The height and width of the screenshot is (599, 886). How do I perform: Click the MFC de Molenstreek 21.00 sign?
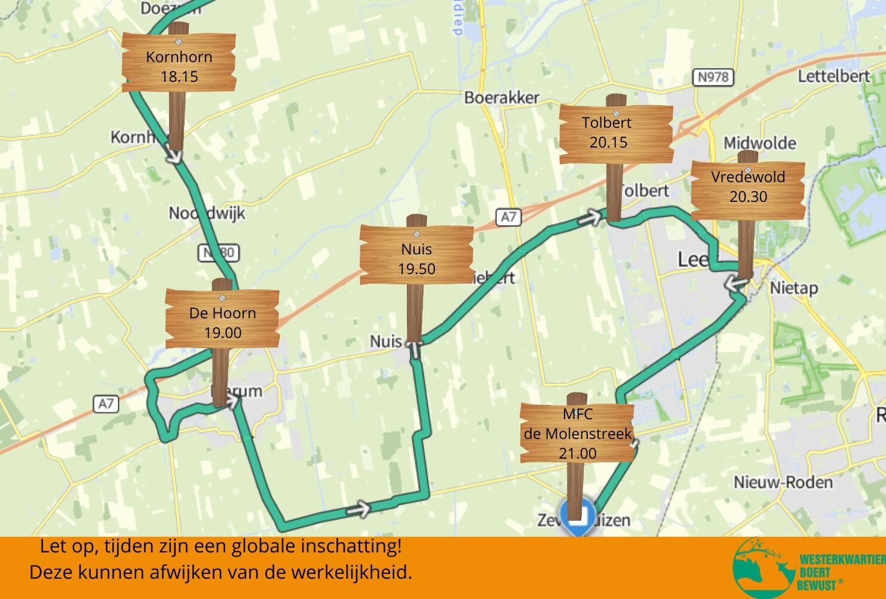(x=577, y=434)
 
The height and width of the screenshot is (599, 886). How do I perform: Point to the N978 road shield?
(x=713, y=77)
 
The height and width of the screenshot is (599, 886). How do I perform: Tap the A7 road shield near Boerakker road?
(x=508, y=217)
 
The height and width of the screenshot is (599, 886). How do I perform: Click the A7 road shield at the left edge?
(x=106, y=404)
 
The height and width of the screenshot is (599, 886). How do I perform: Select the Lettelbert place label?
(x=833, y=76)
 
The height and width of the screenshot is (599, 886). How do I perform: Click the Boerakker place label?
(x=501, y=97)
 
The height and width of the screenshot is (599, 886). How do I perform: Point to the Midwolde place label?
(x=759, y=143)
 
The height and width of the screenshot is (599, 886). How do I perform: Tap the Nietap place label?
(x=793, y=288)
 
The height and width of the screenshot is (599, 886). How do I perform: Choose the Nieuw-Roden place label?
(x=783, y=483)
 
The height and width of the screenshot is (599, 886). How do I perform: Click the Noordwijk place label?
(x=207, y=213)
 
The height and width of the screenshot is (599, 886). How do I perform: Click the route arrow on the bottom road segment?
(x=358, y=509)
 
